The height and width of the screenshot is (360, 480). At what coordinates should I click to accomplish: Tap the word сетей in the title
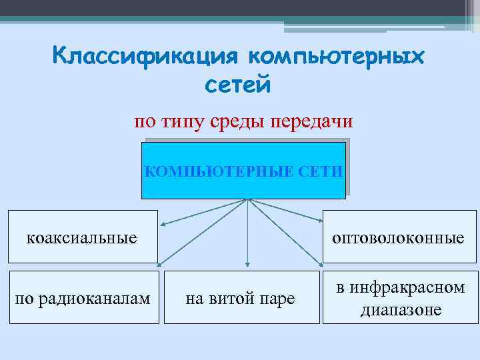point(237,86)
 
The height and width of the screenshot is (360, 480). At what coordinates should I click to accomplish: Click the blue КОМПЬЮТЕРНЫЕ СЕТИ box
point(244,171)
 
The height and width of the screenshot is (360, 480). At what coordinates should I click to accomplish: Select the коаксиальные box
point(83,237)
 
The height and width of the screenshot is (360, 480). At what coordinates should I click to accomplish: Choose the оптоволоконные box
point(401,237)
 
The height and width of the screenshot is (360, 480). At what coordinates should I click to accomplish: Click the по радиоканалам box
point(83,298)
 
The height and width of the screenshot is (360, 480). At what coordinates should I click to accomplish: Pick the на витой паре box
point(240,298)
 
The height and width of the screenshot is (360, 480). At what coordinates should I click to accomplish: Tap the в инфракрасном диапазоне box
point(401,298)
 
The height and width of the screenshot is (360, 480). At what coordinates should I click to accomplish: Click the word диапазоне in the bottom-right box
point(401,310)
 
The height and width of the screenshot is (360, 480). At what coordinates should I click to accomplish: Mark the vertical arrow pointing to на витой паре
point(248,233)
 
